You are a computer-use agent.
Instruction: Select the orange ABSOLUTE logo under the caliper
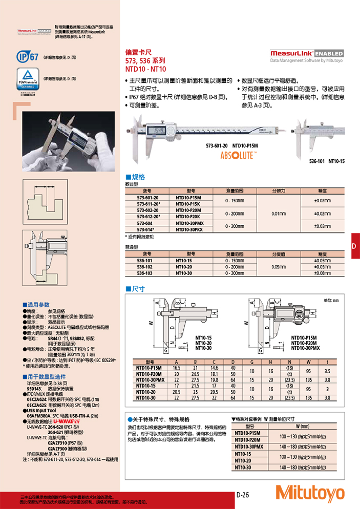[x=239, y=156]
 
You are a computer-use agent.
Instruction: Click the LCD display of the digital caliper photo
[x=158, y=130]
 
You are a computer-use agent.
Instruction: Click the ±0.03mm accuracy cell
[x=322, y=226]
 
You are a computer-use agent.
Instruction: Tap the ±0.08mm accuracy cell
[x=322, y=273]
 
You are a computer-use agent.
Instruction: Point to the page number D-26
[x=243, y=495]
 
